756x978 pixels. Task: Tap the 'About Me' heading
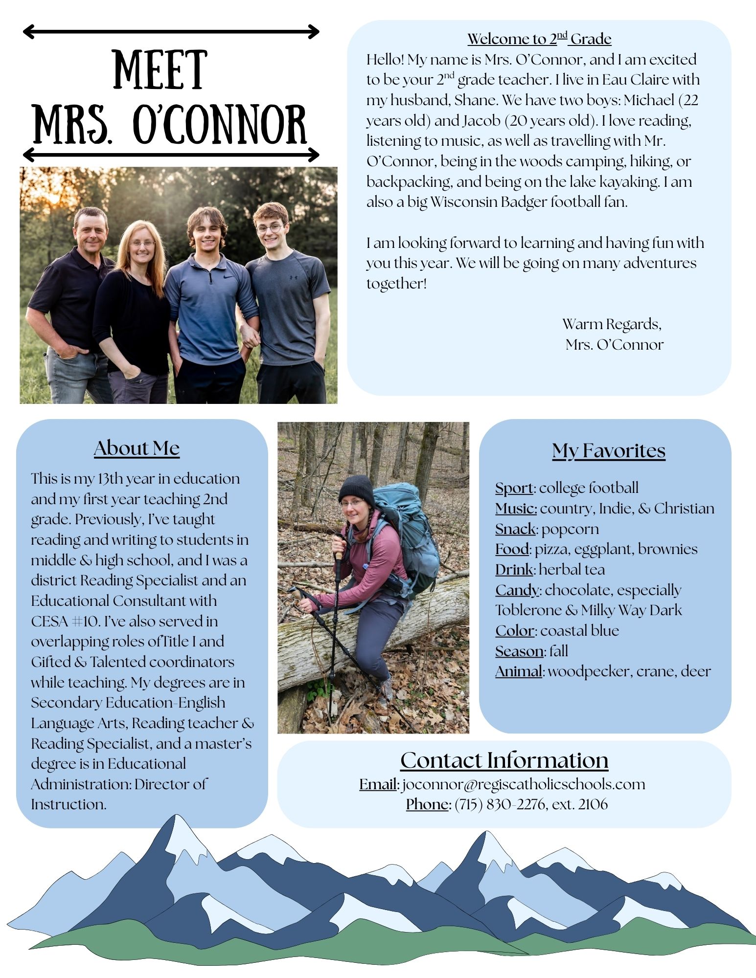(x=137, y=448)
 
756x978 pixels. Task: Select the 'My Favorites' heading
(x=608, y=450)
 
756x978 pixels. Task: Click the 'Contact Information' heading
(x=504, y=760)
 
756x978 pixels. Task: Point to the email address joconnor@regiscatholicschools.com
(x=523, y=784)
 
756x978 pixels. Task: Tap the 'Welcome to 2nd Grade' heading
(x=539, y=39)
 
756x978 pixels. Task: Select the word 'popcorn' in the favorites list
(x=570, y=529)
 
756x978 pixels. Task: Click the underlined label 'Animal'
(x=518, y=671)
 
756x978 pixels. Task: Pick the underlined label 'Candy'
(x=517, y=590)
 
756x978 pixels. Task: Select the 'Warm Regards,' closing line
(x=612, y=324)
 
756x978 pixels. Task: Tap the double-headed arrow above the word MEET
(x=171, y=32)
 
